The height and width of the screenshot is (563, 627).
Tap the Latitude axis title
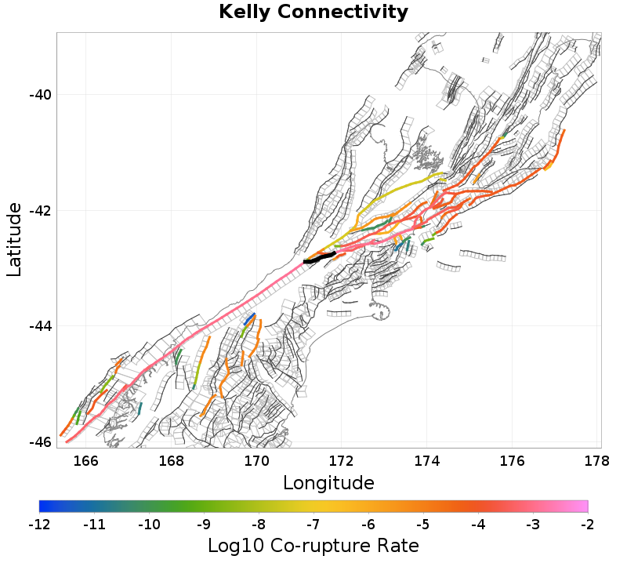[x=14, y=239]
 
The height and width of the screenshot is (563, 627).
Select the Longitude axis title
[x=328, y=481]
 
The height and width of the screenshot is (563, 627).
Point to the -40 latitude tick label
[x=40, y=95]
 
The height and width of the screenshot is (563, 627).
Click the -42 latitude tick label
[x=40, y=211]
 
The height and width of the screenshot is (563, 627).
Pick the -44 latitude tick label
[x=40, y=326]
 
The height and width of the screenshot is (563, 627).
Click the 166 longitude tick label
[x=86, y=460]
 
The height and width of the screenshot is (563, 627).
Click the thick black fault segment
[x=320, y=257]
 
